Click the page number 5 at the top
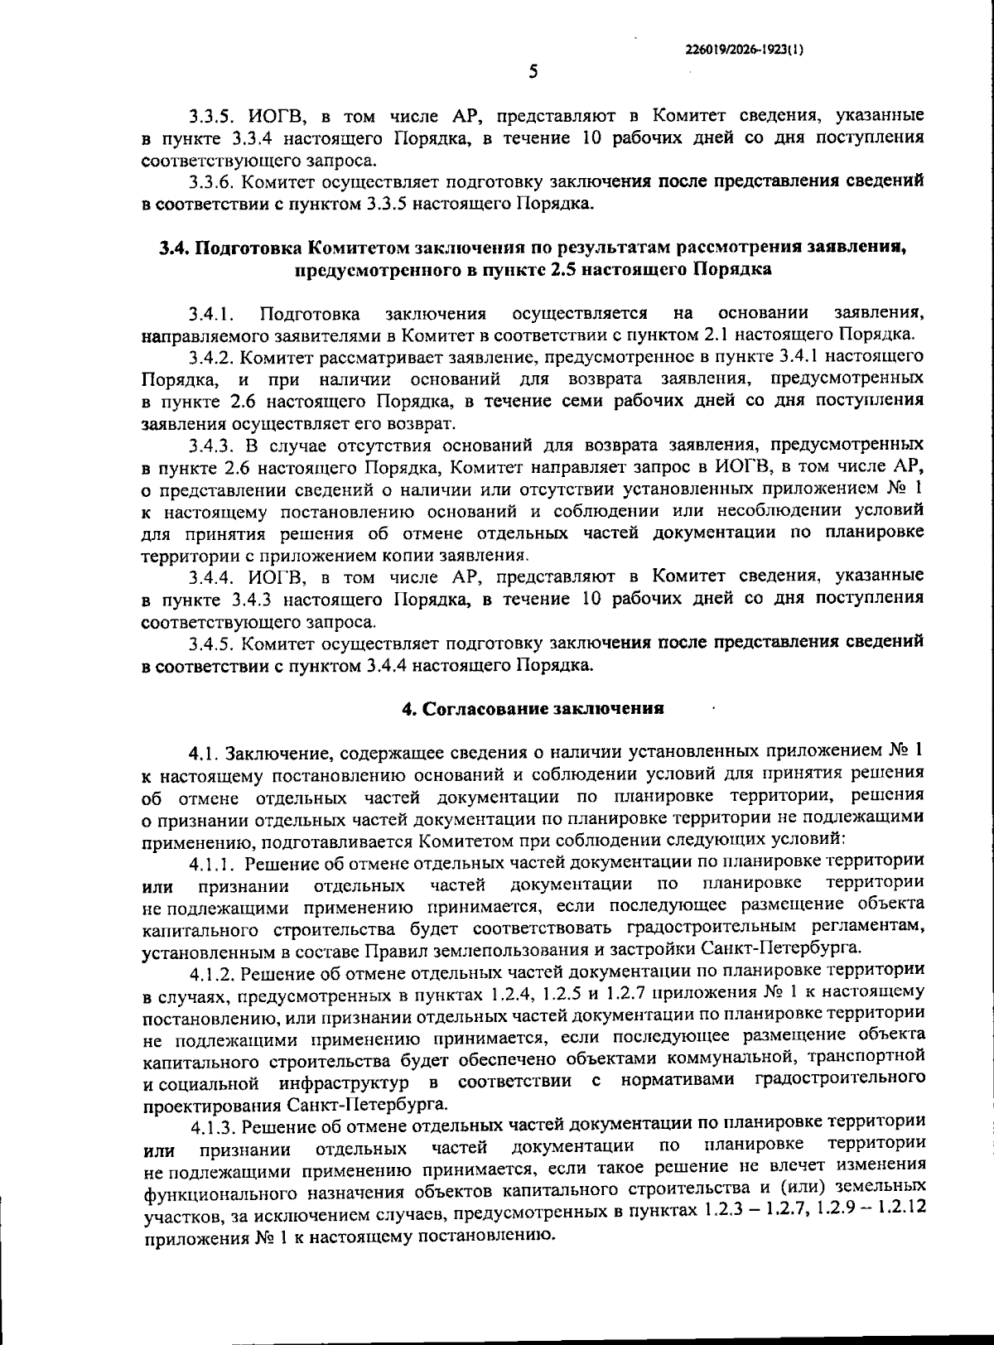tap(533, 72)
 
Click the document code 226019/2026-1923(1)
tap(745, 49)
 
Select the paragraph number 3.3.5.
tap(211, 115)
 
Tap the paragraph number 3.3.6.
tap(211, 181)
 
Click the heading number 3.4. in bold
tap(175, 248)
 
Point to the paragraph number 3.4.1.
tap(211, 314)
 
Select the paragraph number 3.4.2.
tap(211, 358)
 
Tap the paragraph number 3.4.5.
tap(211, 643)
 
